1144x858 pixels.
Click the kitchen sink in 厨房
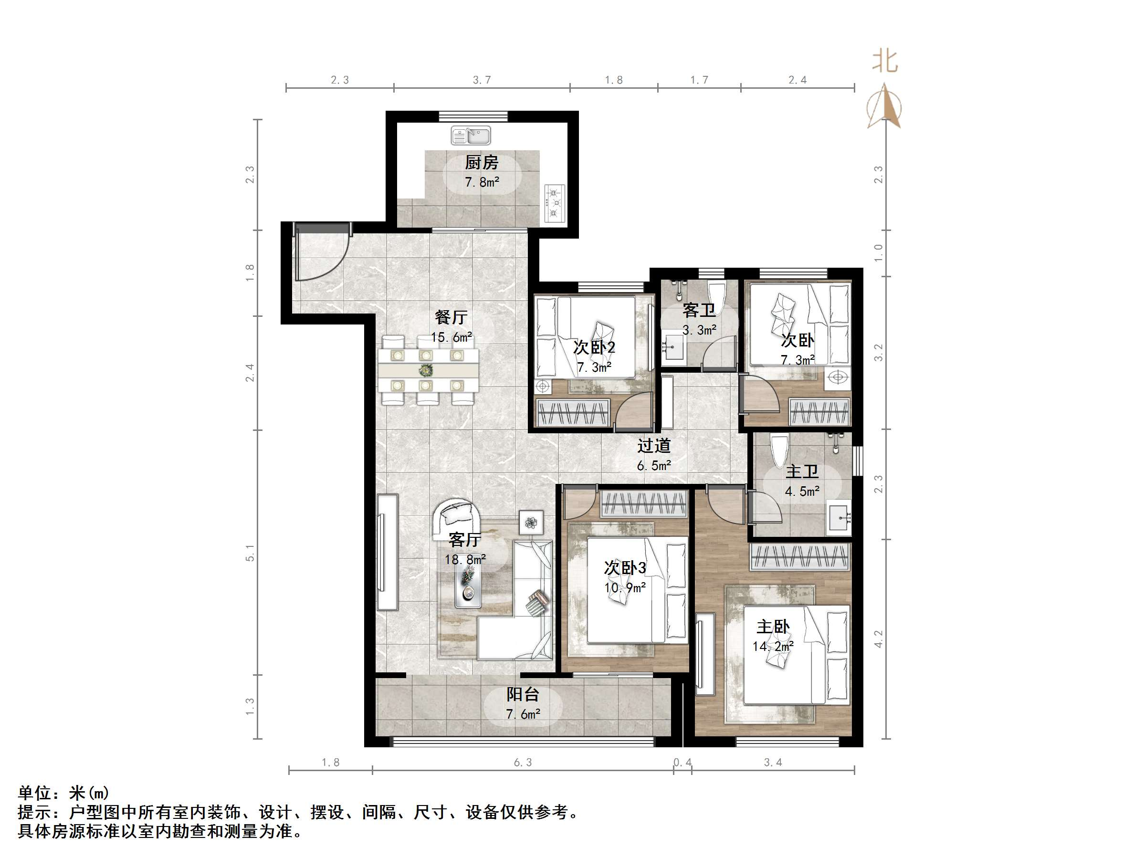[x=470, y=136]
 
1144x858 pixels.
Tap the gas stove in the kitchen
[x=555, y=203]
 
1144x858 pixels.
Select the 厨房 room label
[x=481, y=163]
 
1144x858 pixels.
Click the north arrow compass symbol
[x=884, y=109]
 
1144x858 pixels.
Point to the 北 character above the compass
[x=885, y=62]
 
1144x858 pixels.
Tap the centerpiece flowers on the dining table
[x=426, y=370]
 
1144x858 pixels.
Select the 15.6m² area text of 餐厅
[x=451, y=338]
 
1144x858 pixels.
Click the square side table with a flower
[x=531, y=523]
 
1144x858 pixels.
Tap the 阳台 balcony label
[x=522, y=694]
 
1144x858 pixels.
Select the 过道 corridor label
[x=654, y=446]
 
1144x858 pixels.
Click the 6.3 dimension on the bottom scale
[x=522, y=762]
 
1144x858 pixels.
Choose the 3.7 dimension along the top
[x=482, y=80]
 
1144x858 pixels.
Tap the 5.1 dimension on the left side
[x=250, y=552]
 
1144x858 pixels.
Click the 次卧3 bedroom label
[x=625, y=568]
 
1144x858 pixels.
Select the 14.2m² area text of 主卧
[x=773, y=647]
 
